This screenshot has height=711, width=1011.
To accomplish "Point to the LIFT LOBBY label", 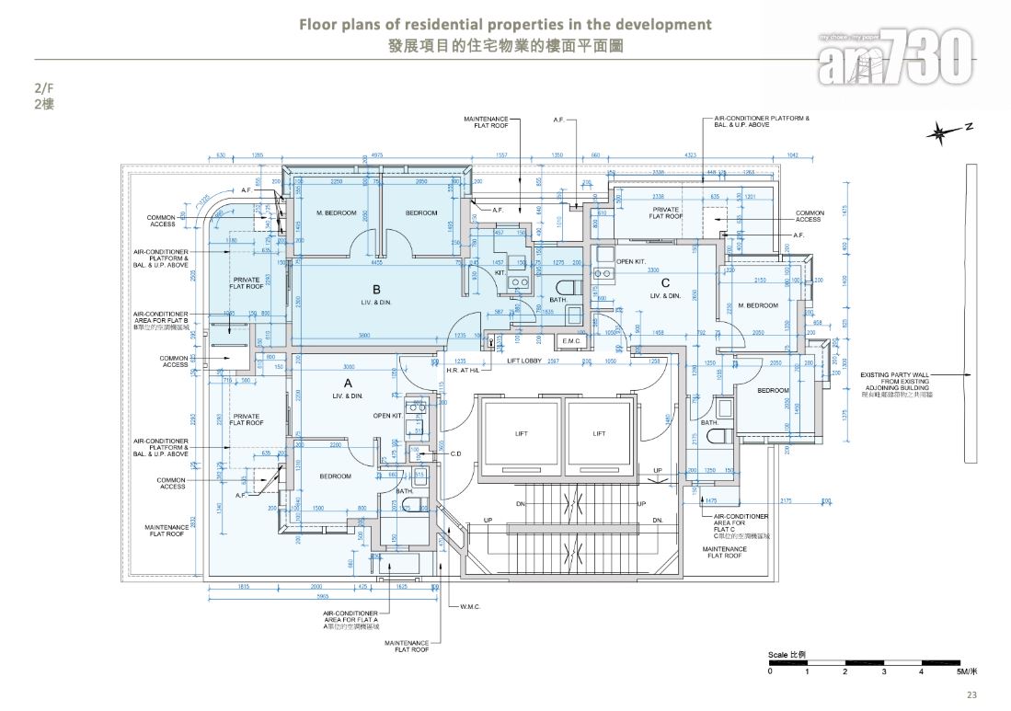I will pos(525,361).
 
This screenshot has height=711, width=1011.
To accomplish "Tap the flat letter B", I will pos(376,288).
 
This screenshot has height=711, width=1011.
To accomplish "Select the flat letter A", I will pos(348,382).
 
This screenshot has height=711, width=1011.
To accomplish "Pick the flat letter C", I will pos(665,283).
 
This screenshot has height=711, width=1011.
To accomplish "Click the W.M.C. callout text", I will pos(471,607).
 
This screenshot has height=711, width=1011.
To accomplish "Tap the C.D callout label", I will pos(455,453).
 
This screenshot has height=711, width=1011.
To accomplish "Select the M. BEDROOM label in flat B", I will pos(335,212).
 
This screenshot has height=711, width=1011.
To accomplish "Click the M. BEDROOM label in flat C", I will pos(757,305).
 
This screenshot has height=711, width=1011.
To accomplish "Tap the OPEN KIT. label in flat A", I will pos(387,416).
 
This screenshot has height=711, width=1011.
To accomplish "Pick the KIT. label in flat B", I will pos(500,273).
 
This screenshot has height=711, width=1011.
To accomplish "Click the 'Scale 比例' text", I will pos(788,653).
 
